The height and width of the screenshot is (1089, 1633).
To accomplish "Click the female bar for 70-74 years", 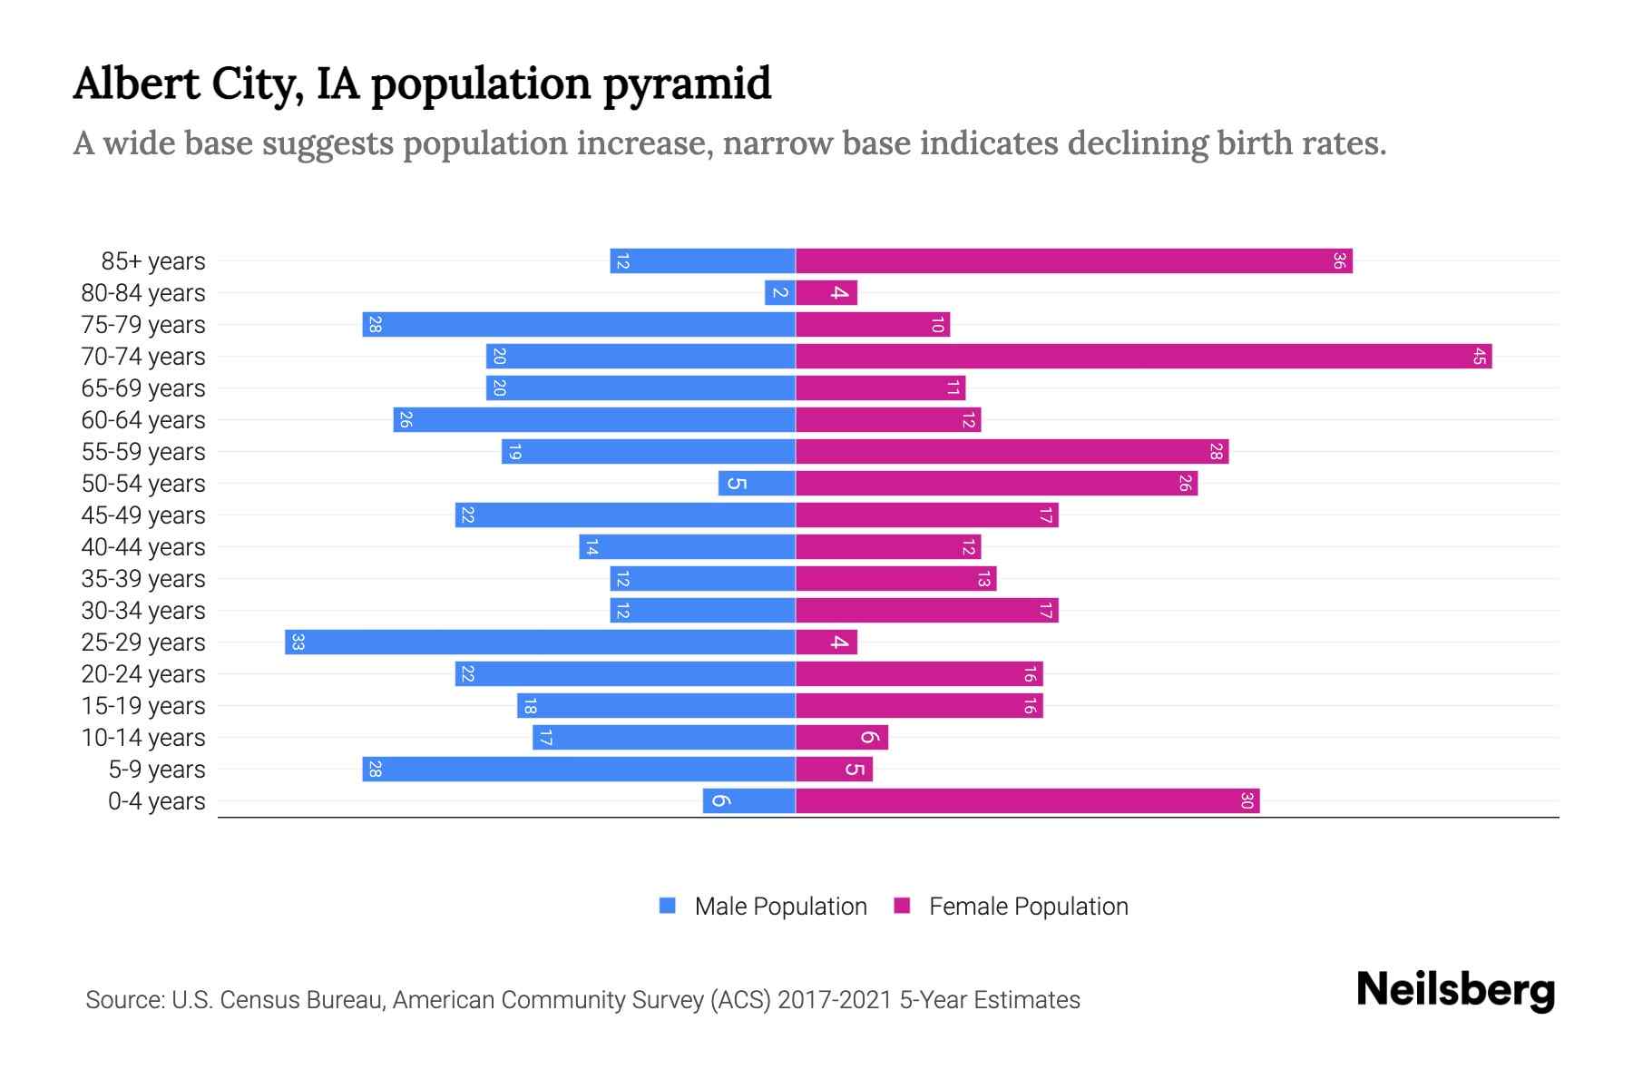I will pos(1143,357).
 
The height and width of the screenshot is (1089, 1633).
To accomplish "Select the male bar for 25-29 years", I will pos(540,643).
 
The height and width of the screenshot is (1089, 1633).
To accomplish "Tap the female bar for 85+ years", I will pos(1073,261).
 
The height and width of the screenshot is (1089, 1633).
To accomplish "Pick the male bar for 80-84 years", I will pos(779,293).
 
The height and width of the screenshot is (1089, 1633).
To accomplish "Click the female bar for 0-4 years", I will pos(1027,801).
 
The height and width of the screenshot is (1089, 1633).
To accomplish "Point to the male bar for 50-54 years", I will pos(757,484).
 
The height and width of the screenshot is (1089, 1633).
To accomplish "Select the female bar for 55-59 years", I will pos(1012,452).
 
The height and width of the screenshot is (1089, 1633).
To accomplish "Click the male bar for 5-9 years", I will pos(579,770).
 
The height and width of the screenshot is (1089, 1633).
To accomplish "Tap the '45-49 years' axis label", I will pos(143,515).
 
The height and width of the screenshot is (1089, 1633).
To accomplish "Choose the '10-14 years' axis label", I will pos(143,738).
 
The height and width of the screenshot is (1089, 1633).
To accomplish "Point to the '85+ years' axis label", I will pos(153,261).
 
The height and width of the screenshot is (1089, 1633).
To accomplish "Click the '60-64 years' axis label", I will pos(143,420).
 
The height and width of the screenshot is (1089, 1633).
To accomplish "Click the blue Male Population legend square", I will pos(668,906).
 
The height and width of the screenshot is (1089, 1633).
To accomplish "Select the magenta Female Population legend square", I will pos(902,906).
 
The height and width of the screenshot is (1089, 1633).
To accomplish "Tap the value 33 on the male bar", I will pos(298,643).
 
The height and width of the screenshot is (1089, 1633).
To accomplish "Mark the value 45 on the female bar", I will pos(1479,357).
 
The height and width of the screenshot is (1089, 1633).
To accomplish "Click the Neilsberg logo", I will pos(1455,990).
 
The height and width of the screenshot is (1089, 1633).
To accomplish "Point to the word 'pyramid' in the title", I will pos(687,84).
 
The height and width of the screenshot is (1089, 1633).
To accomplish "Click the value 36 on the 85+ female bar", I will pos(1339,261).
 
